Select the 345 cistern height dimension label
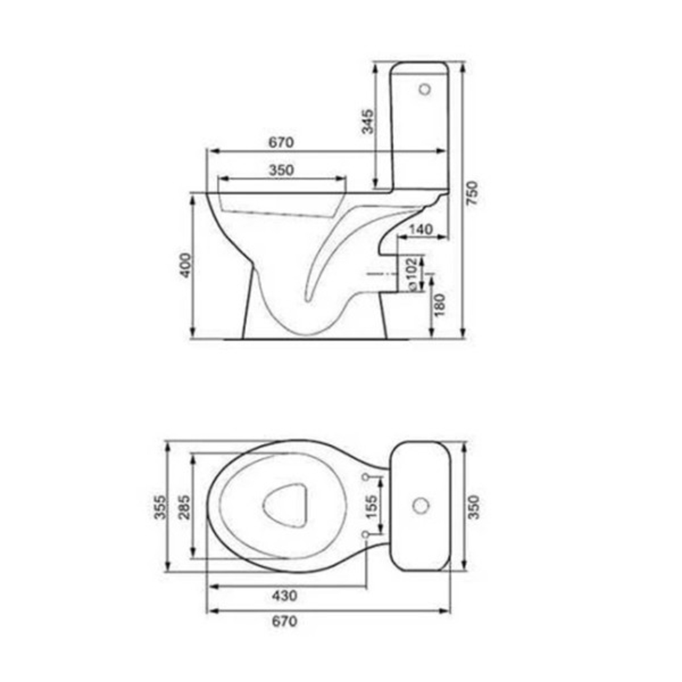(x=367, y=122)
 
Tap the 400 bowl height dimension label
(x=186, y=265)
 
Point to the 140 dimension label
(x=421, y=229)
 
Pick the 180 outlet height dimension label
(x=440, y=305)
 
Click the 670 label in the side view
(x=281, y=142)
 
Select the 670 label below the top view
(x=284, y=621)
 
